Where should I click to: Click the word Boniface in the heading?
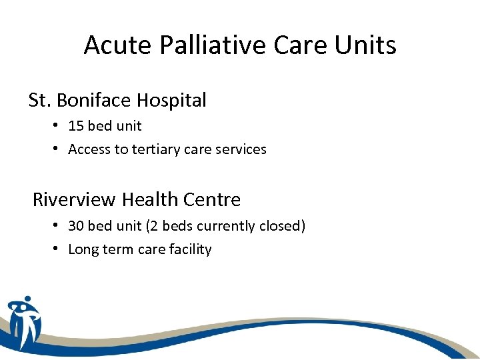coord(95,100)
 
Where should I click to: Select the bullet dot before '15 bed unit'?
coord(59,126)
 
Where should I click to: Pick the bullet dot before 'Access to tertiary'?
coord(59,149)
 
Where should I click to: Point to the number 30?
coord(76,226)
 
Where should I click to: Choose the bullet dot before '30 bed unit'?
coord(59,226)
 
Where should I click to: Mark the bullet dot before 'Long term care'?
coord(59,249)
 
